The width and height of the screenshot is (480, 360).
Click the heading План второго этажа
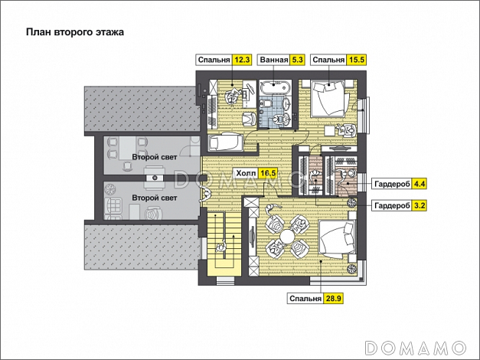(75, 32)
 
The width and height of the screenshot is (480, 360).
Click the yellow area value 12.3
(243, 60)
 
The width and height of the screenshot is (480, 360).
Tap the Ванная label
(274, 60)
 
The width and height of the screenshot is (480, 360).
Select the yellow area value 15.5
(357, 60)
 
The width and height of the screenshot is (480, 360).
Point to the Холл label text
(246, 174)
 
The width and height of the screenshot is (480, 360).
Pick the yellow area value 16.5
(267, 174)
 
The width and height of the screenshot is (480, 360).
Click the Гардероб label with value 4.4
(392, 184)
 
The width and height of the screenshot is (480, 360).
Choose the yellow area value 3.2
(419, 205)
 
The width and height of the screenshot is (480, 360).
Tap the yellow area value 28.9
(334, 299)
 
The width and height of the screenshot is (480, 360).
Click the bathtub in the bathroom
(275, 87)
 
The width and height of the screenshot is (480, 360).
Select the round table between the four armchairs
(287, 236)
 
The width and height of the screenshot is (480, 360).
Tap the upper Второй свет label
(155, 157)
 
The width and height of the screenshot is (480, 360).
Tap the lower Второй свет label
(155, 198)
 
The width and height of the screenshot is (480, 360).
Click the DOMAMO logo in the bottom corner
(416, 348)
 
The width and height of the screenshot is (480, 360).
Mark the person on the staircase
(221, 246)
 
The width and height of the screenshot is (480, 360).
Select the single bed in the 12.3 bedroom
(226, 142)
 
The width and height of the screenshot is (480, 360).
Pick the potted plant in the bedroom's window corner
(352, 268)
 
